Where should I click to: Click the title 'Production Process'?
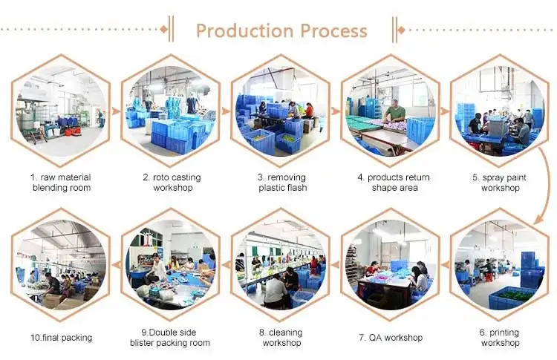[281, 30]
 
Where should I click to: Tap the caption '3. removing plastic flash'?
[281, 183]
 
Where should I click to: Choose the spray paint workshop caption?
[500, 183]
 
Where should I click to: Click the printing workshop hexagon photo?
[500, 264]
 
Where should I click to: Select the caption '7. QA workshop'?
[391, 338]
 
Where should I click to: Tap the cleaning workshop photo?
[281, 264]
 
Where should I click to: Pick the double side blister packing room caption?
[170, 338]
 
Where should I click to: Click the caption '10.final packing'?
[61, 338]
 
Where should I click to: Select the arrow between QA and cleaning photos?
[336, 265]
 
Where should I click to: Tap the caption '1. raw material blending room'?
[61, 183]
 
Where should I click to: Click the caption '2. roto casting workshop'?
[172, 183]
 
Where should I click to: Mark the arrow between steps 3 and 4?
[336, 110]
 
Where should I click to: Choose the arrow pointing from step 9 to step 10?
[116, 265]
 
